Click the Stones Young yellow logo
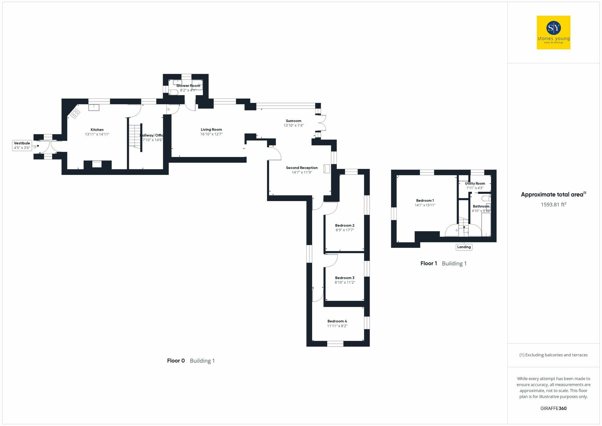[x=553, y=33]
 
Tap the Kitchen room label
[x=97, y=130]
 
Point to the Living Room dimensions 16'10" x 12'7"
[x=211, y=134]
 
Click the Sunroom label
[x=293, y=121]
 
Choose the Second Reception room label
[x=302, y=168]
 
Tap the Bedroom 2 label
[x=345, y=225]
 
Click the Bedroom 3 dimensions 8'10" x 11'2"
[x=345, y=282]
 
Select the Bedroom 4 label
[x=337, y=321]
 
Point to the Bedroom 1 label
[x=425, y=201]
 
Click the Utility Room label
[x=475, y=183]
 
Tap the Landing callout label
[x=464, y=247]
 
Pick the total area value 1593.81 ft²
[x=553, y=205]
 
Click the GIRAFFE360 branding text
[x=553, y=409]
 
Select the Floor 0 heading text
[x=176, y=361]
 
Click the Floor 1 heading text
[x=429, y=263]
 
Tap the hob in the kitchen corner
[x=75, y=113]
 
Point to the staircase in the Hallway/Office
[x=135, y=135]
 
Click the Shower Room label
[x=188, y=86]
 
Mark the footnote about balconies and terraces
[x=553, y=355]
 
